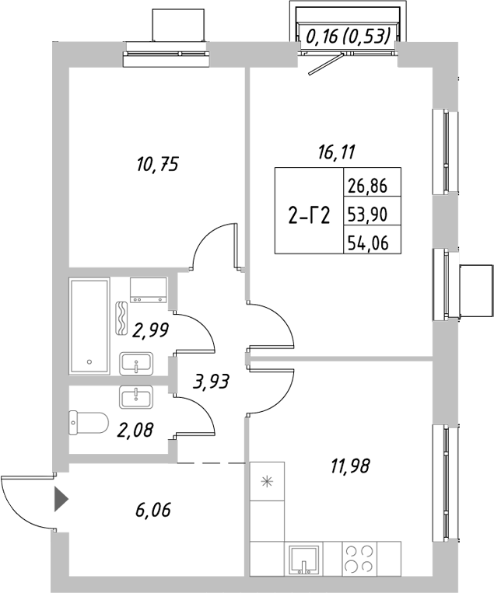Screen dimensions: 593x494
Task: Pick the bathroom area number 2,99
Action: [151, 332]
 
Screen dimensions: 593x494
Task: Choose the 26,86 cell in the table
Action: [372, 187]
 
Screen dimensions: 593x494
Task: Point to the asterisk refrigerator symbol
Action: [268, 482]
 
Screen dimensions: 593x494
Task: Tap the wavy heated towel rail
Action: [122, 318]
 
